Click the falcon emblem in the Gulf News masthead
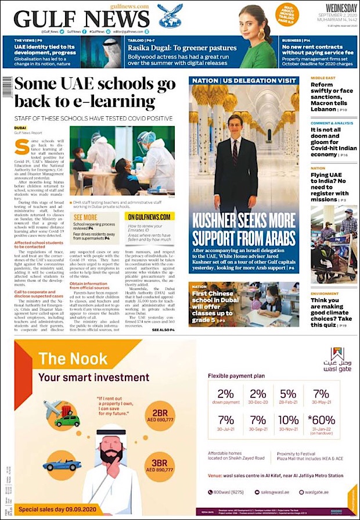(170, 17)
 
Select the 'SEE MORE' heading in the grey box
(85, 217)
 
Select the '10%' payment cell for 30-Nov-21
(289, 422)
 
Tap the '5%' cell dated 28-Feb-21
(289, 396)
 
